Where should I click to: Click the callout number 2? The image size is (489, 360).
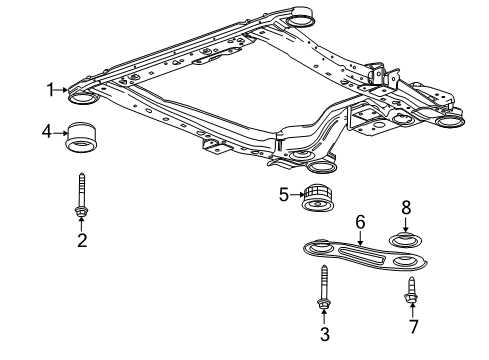coord(82,239)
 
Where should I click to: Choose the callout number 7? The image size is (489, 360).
coord(411,326)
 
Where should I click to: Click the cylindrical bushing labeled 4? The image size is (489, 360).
coord(83,137)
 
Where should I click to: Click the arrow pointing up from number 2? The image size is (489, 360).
coord(82,224)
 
